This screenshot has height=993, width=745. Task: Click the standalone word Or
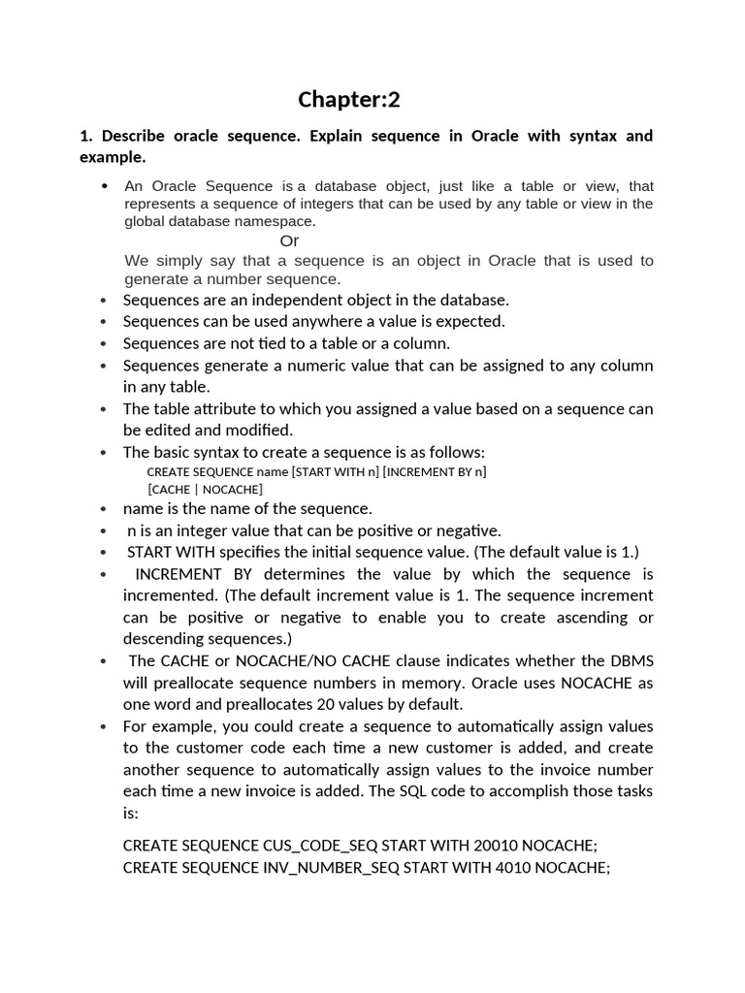tap(289, 240)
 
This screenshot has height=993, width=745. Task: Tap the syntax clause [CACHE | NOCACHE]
tap(205, 490)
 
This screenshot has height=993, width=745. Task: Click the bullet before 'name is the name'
tap(104, 509)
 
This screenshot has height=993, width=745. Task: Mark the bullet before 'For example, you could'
tap(104, 727)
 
